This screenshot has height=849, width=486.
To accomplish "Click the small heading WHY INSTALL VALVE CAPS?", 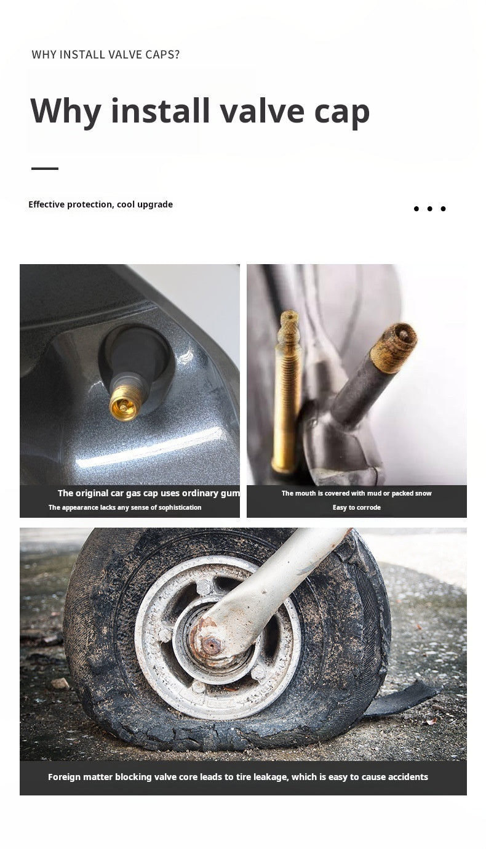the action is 105,55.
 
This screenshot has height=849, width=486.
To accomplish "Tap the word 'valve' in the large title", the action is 262,111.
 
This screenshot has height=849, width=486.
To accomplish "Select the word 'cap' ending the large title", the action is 341,115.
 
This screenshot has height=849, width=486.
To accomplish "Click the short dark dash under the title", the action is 45,168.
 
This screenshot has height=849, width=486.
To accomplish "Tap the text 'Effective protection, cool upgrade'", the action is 100,204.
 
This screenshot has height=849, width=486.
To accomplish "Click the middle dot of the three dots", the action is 429,209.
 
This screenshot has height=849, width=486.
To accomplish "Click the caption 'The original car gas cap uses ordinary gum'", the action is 148,493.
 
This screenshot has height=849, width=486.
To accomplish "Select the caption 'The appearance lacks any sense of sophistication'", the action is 125,507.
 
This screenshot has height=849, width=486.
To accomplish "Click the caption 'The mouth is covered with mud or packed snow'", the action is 356,493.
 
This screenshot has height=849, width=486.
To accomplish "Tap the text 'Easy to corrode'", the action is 356,507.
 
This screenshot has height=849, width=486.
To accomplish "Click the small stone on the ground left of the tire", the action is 60,683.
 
